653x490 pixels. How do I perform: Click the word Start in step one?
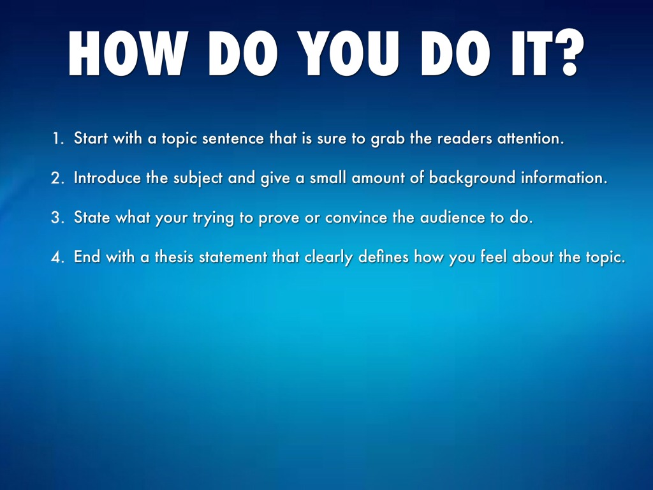(x=91, y=138)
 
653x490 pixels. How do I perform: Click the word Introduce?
(x=107, y=178)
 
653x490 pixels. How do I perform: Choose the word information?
(x=564, y=178)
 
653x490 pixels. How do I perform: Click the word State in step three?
(x=92, y=217)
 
